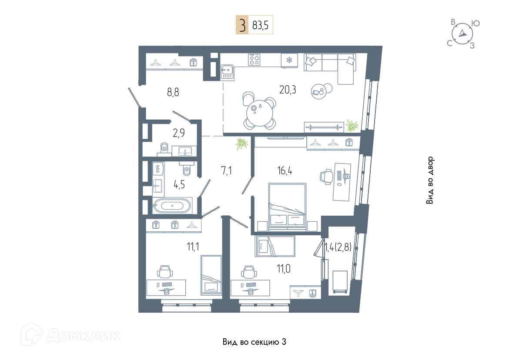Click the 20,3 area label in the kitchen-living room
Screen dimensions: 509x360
click(288, 90)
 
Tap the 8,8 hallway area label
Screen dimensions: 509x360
click(173, 93)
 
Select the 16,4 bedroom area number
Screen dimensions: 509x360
click(285, 170)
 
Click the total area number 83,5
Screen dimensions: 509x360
click(260, 25)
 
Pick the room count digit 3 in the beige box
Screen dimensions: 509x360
click(242, 25)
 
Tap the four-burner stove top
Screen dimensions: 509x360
click(254, 60)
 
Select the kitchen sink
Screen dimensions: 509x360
click(227, 72)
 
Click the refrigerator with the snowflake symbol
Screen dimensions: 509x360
click(289, 60)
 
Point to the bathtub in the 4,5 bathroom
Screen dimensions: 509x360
click(172, 205)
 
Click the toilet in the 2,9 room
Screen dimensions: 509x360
click(164, 148)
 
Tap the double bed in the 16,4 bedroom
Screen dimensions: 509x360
click(287, 207)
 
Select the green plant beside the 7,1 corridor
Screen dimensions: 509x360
click(241, 143)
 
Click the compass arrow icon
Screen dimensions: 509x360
click(462, 33)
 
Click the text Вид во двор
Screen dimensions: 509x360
click(430, 180)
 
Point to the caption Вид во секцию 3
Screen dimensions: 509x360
click(254, 342)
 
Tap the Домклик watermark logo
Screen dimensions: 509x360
click(71, 334)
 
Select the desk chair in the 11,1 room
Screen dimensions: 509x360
click(165, 272)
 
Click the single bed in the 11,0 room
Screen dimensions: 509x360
click(275, 246)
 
